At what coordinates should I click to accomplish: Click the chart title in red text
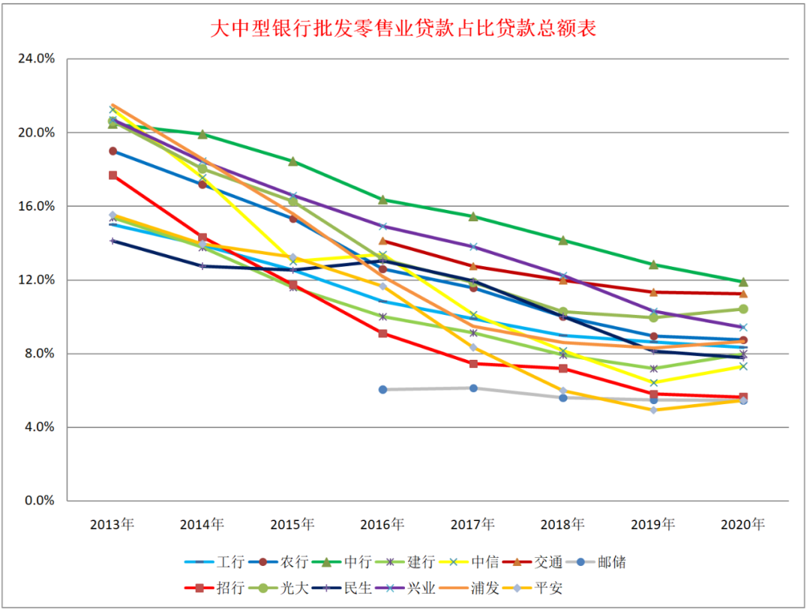(403, 29)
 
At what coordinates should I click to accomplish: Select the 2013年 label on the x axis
(112, 525)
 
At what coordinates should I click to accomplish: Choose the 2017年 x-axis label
(472, 525)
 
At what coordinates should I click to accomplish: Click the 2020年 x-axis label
(742, 525)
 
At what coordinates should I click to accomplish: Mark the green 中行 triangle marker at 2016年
(382, 199)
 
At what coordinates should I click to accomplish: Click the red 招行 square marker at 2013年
(112, 175)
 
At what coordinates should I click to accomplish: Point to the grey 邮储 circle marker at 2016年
(382, 390)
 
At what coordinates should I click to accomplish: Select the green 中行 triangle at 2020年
(743, 282)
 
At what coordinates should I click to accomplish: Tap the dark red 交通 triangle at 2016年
(382, 241)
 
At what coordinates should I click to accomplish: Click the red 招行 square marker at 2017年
(473, 364)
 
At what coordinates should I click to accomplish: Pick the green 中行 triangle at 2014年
(202, 135)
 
